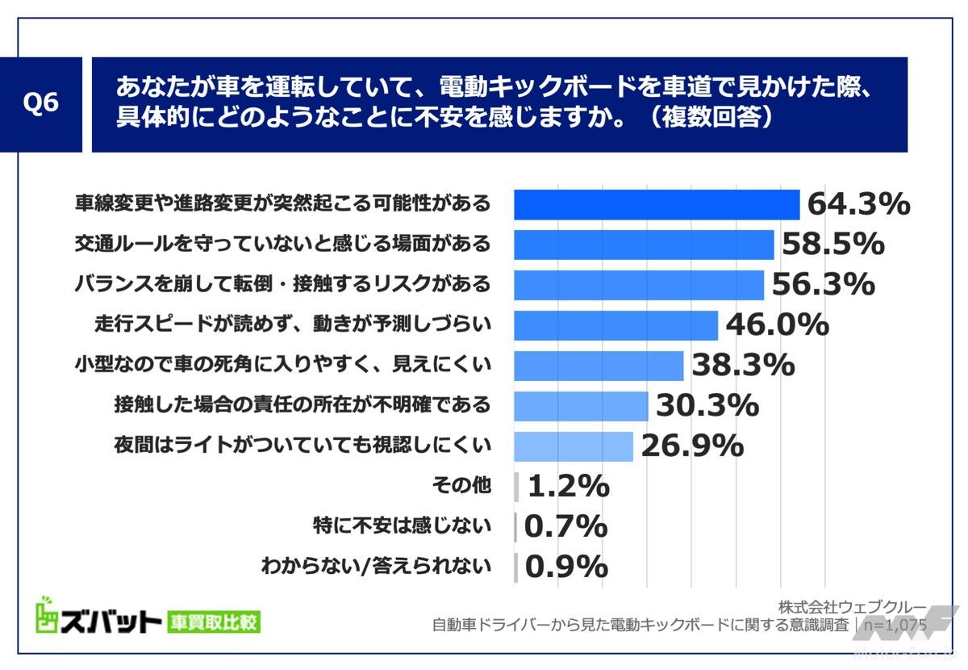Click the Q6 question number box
pyautogui.click(x=41, y=104)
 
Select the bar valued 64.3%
pyautogui.click(x=657, y=204)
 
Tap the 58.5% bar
pyautogui.click(x=644, y=245)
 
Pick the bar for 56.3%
pyautogui.click(x=639, y=285)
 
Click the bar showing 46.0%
pyautogui.click(x=616, y=325)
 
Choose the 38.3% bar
pyautogui.click(x=599, y=366)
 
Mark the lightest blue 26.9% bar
pyautogui.click(x=574, y=446)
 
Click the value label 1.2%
pyautogui.click(x=568, y=486)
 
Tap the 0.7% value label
pyautogui.click(x=565, y=526)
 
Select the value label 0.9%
pyautogui.click(x=565, y=567)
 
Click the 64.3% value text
pyautogui.click(x=859, y=204)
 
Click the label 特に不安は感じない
pyautogui.click(x=402, y=526)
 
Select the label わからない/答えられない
pyautogui.click(x=376, y=567)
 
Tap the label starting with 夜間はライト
pyautogui.click(x=303, y=446)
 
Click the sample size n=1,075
pyautogui.click(x=895, y=625)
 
